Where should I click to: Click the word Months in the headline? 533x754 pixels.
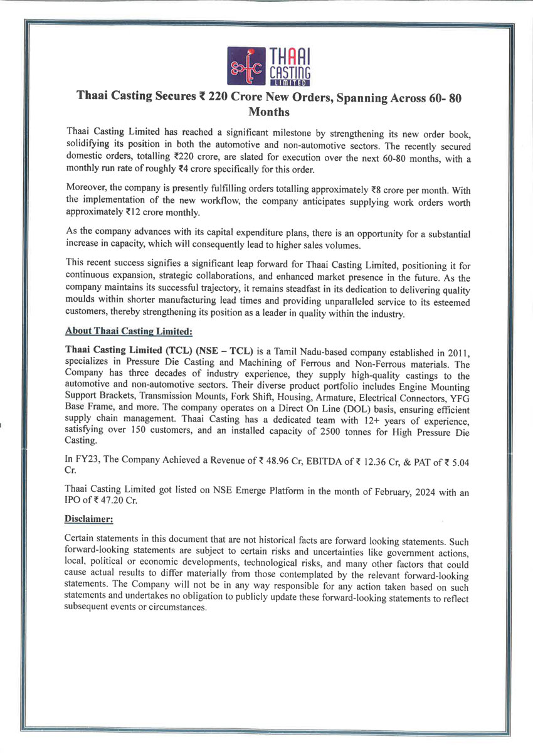(269, 112)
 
